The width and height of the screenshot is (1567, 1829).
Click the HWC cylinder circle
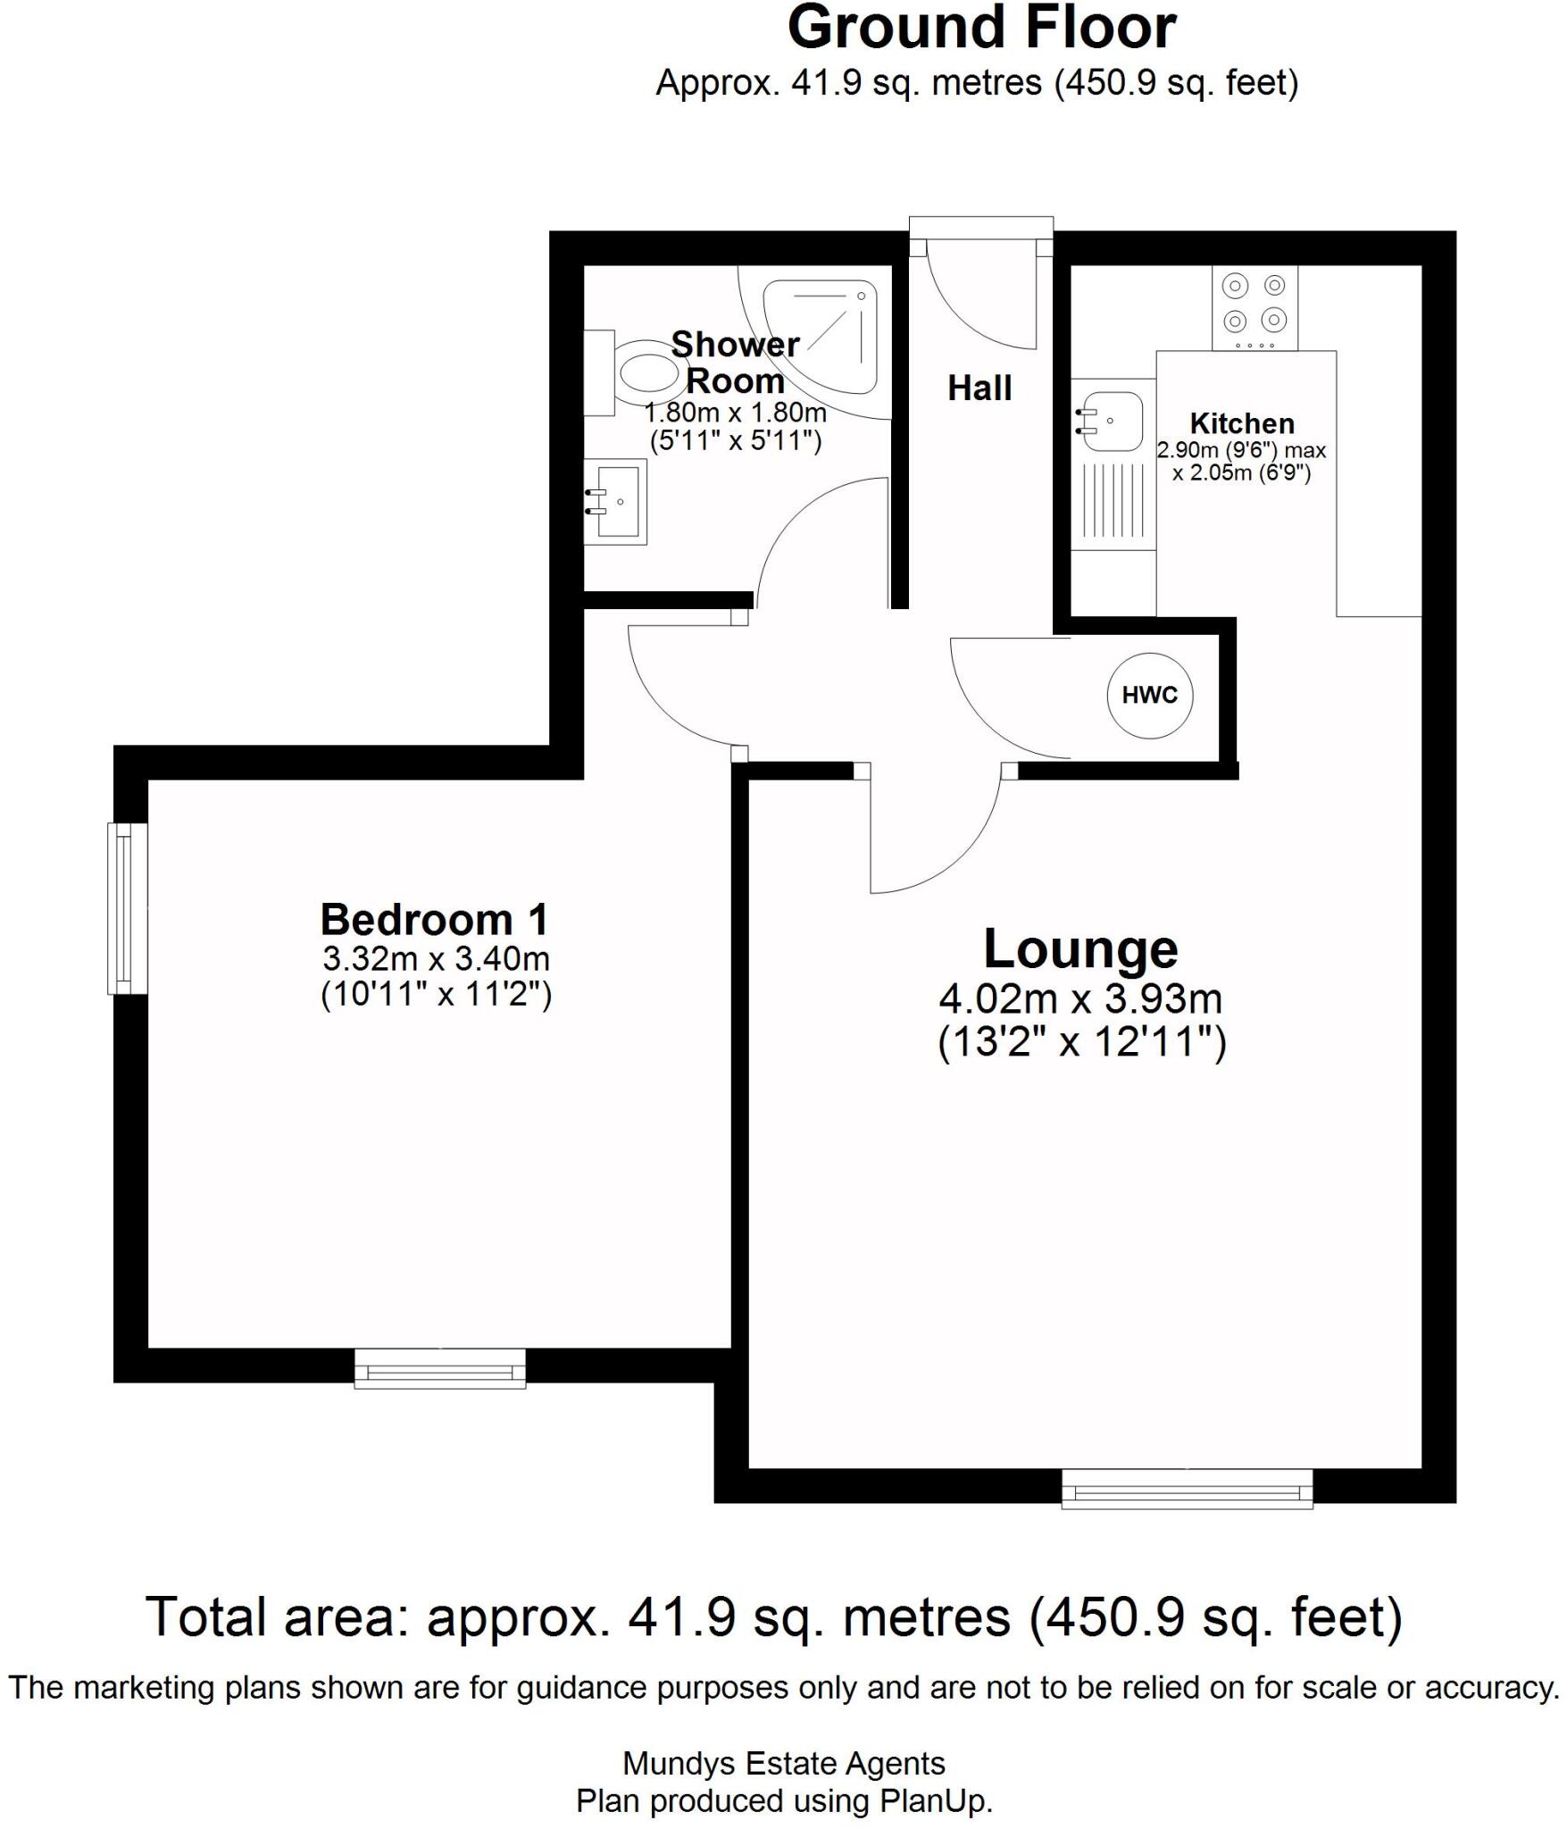[x=1149, y=695]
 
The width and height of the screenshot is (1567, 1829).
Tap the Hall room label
[x=979, y=388]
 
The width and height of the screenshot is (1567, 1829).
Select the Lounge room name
[x=1080, y=949]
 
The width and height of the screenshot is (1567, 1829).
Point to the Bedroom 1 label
[x=435, y=919]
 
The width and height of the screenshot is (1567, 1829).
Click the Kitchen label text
[x=1242, y=423]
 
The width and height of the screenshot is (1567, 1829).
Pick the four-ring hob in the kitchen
[x=1254, y=308]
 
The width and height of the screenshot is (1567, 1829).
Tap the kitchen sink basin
[x=1112, y=421]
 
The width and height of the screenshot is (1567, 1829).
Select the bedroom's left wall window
[x=128, y=907]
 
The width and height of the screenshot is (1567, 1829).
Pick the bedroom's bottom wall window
[x=439, y=1368]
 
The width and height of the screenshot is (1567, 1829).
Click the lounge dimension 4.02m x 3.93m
[x=1080, y=998]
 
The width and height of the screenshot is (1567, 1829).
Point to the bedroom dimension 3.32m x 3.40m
[x=436, y=959]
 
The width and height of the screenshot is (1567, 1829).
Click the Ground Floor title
[x=981, y=29]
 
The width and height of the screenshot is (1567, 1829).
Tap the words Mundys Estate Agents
[x=783, y=1764]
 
